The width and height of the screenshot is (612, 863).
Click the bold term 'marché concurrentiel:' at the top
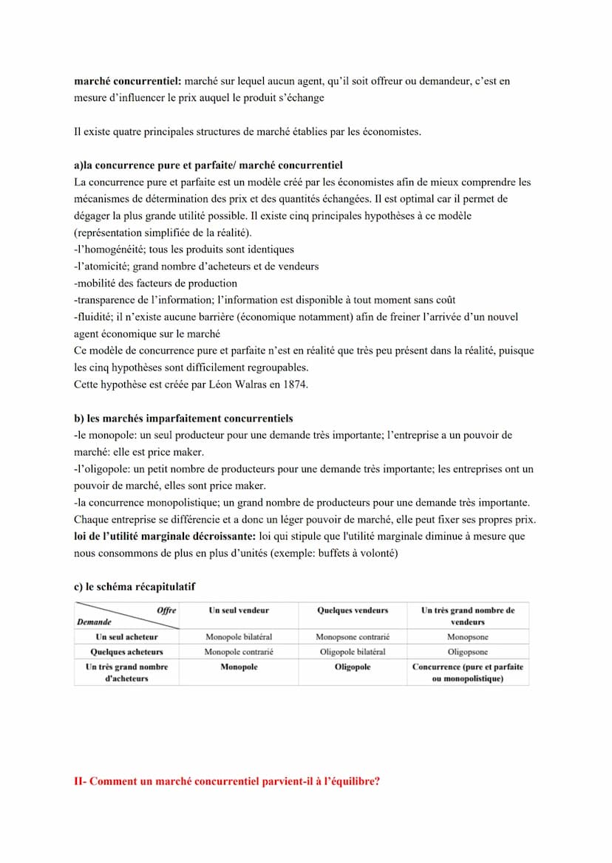pos(127,81)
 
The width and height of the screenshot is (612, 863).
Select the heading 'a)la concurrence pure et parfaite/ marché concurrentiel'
pos(208,165)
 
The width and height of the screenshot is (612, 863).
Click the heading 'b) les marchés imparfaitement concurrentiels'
pos(183,419)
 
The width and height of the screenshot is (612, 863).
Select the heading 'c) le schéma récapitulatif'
pos(135,587)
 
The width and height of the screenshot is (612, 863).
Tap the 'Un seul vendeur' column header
pos(239,611)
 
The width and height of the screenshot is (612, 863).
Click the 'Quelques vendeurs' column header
pos(352,611)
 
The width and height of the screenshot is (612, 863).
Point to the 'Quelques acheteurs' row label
pos(126,652)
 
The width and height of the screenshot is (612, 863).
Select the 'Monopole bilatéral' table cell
pos(239,636)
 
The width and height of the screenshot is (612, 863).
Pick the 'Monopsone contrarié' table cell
pos(352,636)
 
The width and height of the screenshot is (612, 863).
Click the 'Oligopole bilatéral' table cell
pos(352,652)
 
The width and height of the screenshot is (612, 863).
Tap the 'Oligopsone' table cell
pos(467,652)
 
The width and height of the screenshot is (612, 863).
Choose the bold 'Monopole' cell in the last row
pos(239,667)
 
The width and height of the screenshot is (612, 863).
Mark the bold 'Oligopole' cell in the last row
pos(352,667)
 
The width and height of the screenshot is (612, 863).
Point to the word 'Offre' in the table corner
pos(166,610)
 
